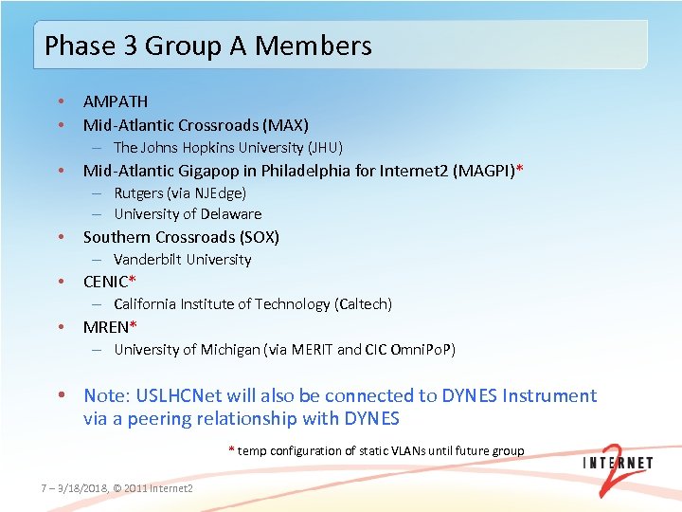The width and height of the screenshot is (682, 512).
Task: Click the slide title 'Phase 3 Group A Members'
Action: (x=208, y=46)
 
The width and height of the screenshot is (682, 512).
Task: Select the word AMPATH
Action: (x=116, y=101)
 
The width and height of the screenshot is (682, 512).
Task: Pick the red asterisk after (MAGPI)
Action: (x=519, y=170)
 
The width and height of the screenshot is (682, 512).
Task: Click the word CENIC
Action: (x=105, y=282)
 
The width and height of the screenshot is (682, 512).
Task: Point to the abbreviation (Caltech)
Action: (x=363, y=304)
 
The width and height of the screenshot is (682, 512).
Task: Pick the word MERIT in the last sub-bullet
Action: (x=312, y=350)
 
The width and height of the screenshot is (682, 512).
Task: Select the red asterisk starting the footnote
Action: (x=231, y=449)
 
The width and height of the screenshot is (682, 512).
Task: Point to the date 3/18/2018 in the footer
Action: (x=79, y=487)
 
